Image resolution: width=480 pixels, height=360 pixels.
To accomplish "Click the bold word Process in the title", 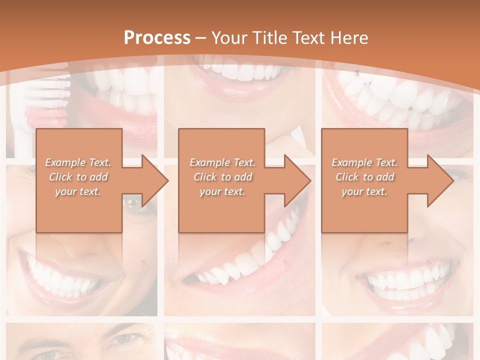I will pos(157,38).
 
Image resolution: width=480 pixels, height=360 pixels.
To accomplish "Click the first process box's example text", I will pos(78,177).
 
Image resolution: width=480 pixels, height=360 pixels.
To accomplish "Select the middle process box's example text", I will pos(222,177).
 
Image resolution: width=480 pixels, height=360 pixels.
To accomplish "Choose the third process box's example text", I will pos(364,177).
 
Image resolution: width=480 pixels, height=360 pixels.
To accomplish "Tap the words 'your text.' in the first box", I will pos(78,191).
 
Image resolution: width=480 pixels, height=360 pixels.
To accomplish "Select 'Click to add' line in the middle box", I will pos(222,177).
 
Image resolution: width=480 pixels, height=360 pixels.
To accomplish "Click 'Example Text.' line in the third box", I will pos(364,162).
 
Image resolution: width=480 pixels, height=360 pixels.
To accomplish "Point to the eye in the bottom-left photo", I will pos(123,338).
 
